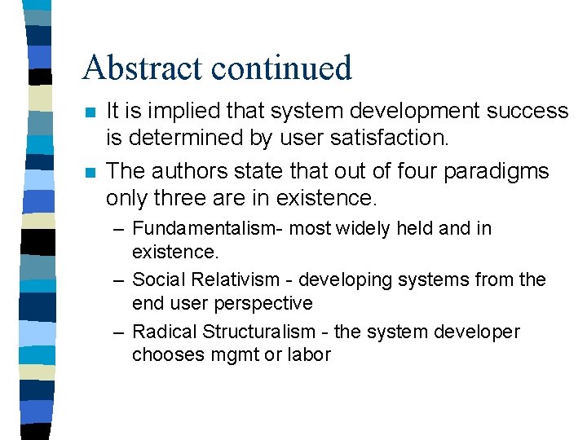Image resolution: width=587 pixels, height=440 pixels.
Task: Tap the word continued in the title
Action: (282, 68)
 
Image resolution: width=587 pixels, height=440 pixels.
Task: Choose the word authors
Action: (192, 171)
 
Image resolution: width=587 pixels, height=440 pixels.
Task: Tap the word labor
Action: (311, 354)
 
